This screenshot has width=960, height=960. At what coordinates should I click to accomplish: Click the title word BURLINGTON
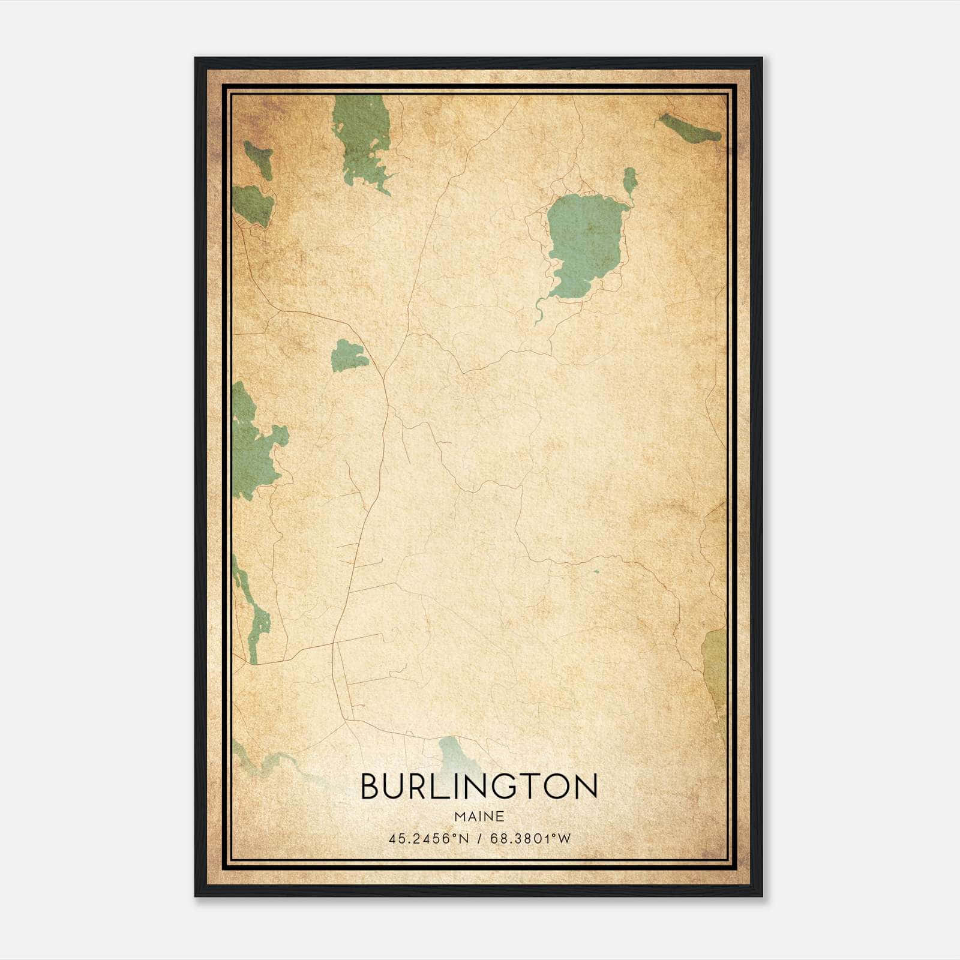click(479, 786)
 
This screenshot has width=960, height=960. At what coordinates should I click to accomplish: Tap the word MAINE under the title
click(479, 816)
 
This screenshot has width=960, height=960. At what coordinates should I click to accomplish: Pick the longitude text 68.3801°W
click(530, 839)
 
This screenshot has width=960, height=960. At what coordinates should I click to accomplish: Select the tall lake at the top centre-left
click(360, 141)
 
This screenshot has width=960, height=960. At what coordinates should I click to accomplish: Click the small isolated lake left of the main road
click(349, 355)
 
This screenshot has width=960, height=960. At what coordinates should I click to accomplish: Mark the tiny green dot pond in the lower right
click(596, 571)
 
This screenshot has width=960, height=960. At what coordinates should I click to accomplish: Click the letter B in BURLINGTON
click(373, 786)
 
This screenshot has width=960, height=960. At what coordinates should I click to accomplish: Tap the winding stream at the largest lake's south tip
click(538, 312)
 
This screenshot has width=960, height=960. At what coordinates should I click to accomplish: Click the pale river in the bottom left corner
click(270, 765)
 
